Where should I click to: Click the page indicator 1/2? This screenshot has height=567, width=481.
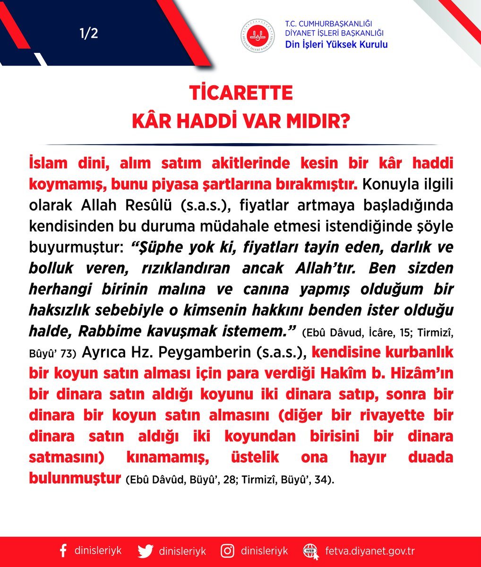89,34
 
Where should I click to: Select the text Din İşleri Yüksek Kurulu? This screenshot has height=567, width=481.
336,44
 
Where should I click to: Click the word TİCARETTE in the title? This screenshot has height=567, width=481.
241,93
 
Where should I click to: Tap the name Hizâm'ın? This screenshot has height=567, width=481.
420,373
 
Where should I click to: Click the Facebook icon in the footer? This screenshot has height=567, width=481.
63,551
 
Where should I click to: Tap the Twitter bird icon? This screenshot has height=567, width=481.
146,551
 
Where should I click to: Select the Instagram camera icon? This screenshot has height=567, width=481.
228,551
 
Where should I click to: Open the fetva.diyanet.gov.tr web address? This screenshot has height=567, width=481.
370,551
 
